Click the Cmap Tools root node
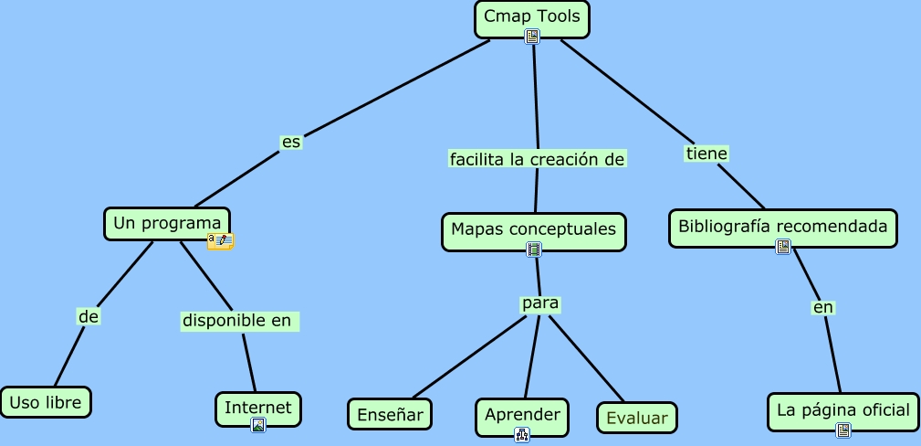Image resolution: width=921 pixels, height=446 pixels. (x=532, y=17)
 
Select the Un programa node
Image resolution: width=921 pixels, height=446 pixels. (x=167, y=223)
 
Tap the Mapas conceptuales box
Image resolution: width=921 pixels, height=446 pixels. (x=534, y=230)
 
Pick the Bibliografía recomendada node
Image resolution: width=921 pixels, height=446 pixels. (x=783, y=227)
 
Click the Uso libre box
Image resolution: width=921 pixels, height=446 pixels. (x=46, y=401)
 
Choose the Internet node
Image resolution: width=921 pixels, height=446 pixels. (x=258, y=408)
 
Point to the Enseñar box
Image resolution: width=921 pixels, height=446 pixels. (x=390, y=415)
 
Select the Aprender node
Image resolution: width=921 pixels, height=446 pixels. (x=522, y=415)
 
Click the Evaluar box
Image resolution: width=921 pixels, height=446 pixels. (x=636, y=418)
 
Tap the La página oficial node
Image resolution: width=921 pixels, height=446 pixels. (x=843, y=410)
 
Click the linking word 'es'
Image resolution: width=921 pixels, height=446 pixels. (x=291, y=143)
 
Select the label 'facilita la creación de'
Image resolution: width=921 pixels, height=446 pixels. (x=537, y=159)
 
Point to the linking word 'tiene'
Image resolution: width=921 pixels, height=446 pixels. (x=706, y=154)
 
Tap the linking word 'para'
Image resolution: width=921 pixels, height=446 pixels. (x=539, y=303)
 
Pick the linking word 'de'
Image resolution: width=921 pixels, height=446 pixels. (x=88, y=316)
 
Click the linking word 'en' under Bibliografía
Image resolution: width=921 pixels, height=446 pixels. (x=823, y=308)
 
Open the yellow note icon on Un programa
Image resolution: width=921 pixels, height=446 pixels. (x=220, y=241)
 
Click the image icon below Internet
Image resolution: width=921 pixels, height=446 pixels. (x=258, y=424)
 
